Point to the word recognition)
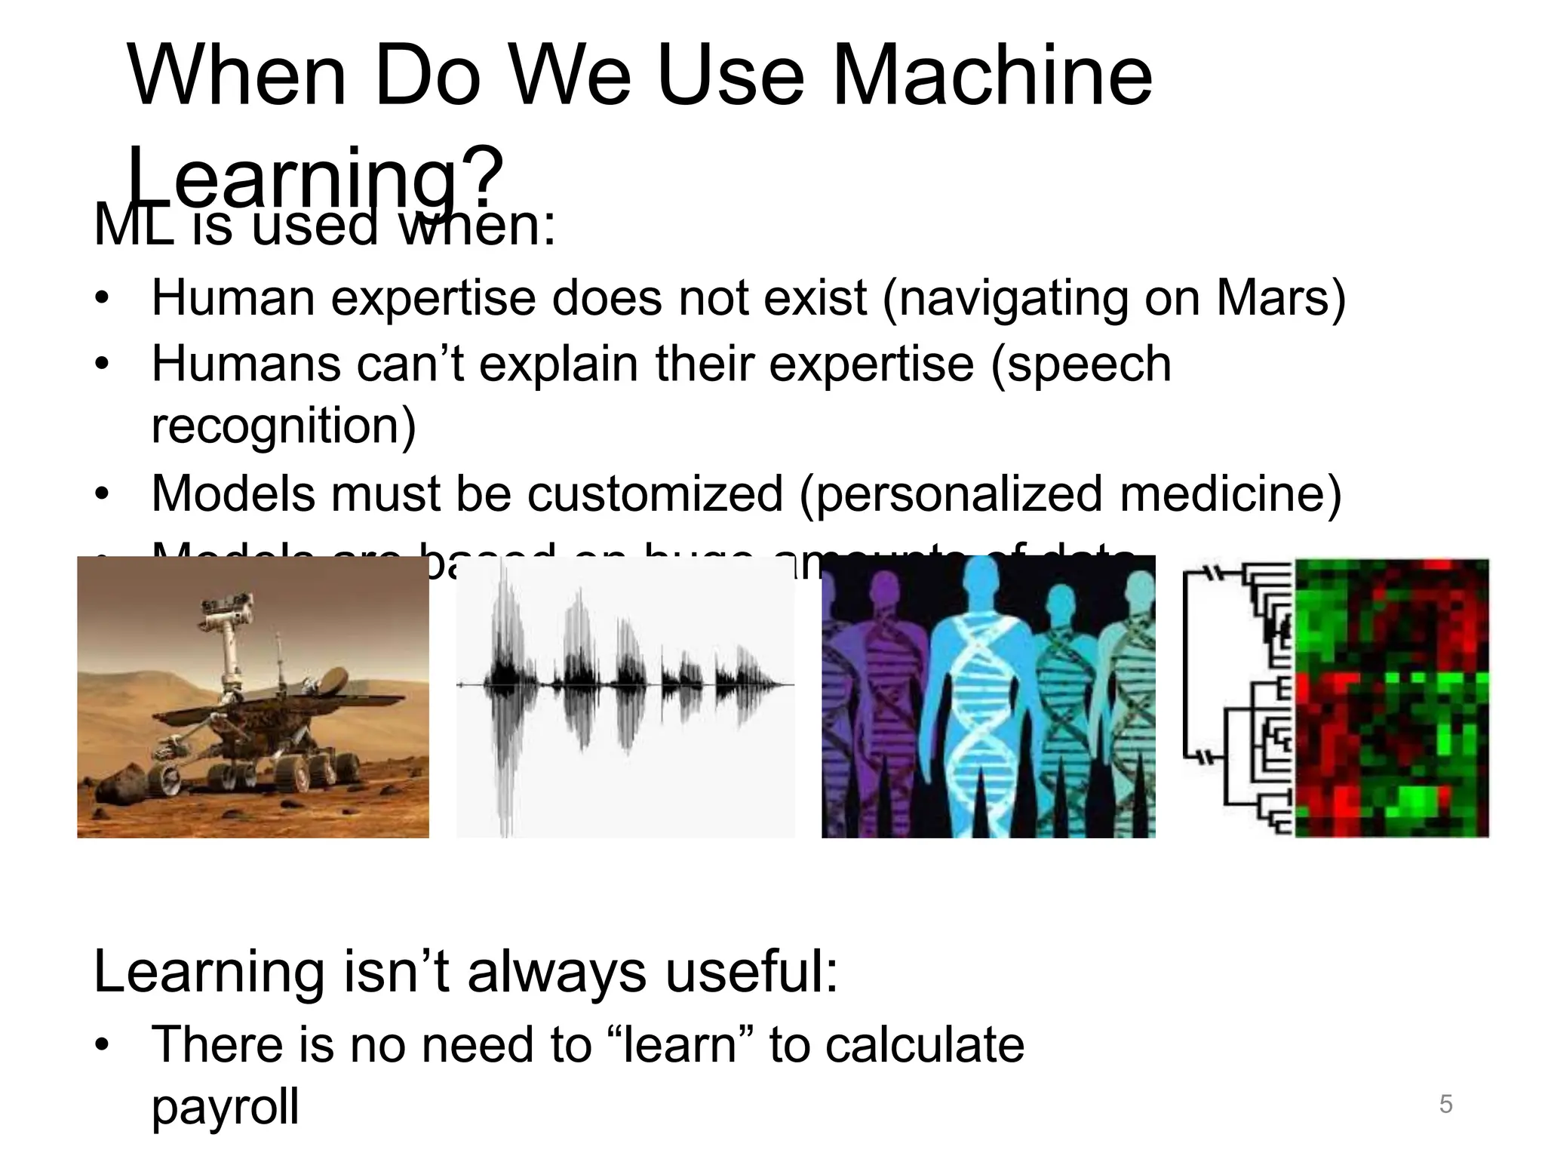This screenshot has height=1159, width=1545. (284, 426)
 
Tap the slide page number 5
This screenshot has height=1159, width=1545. (1445, 1105)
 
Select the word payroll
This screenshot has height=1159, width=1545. (225, 1108)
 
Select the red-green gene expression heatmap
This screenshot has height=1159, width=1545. (1391, 698)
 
